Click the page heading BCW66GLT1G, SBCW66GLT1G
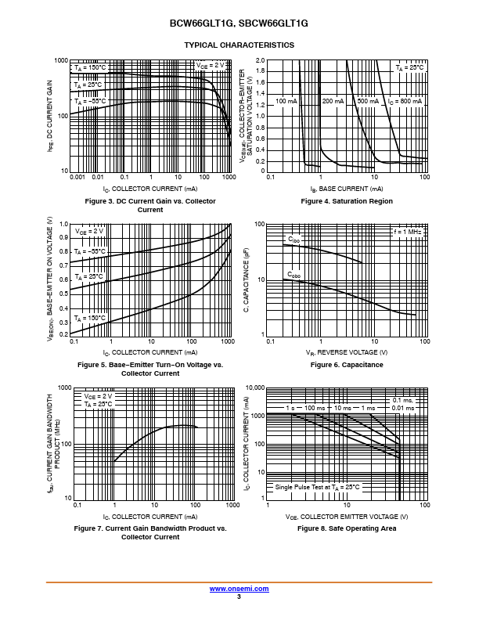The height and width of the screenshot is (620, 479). click(239, 24)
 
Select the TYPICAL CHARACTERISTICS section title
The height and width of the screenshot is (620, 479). click(239, 45)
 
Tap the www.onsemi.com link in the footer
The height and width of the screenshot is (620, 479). click(239, 589)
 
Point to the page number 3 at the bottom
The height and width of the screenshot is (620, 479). click(239, 597)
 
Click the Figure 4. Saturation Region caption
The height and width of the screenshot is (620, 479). click(347, 202)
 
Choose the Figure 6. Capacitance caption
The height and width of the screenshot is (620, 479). click(347, 366)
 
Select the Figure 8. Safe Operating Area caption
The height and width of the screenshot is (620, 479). click(347, 529)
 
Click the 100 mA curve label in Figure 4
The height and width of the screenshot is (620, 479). click(286, 102)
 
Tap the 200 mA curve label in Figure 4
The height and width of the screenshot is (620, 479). click(333, 102)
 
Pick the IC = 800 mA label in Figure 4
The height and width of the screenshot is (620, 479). click(405, 102)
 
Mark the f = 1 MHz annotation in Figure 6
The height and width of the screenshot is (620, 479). click(408, 232)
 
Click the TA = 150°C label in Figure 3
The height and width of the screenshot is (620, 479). click(90, 68)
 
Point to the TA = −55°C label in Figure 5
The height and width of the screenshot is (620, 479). click(90, 251)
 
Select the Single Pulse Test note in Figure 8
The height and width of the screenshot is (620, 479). click(317, 487)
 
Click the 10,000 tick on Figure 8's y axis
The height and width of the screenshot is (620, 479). click(255, 387)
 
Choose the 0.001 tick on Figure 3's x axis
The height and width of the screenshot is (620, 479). click(77, 178)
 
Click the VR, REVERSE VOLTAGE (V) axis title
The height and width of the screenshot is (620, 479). click(347, 353)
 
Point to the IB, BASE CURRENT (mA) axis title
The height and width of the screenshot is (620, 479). click(347, 189)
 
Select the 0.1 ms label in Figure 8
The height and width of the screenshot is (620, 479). click(401, 400)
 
